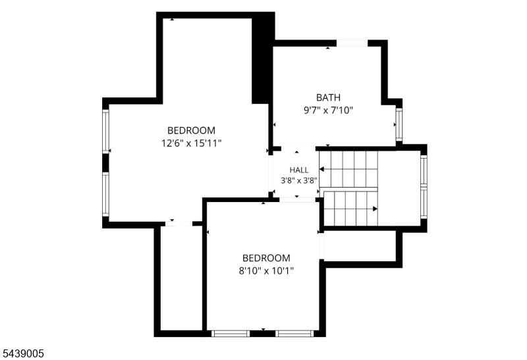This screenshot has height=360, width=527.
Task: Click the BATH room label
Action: pyautogui.click(x=328, y=97)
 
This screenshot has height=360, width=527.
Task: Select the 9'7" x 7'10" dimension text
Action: pyautogui.click(x=328, y=110)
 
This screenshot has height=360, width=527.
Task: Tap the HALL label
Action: pyautogui.click(x=299, y=170)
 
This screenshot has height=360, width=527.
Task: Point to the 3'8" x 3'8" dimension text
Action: pyautogui.click(x=299, y=181)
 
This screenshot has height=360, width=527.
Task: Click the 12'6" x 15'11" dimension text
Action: pyautogui.click(x=192, y=143)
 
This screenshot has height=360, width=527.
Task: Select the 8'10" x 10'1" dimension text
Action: pyautogui.click(x=266, y=270)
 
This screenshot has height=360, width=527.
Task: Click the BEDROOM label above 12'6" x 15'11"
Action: pyautogui.click(x=191, y=130)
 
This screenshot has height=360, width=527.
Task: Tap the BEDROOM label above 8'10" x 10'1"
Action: pyautogui.click(x=266, y=258)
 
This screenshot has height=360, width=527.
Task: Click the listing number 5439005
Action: pyautogui.click(x=23, y=353)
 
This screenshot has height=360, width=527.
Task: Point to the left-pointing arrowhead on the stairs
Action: pyautogui.click(x=321, y=169)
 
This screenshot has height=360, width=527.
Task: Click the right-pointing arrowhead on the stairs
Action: pyautogui.click(x=375, y=209)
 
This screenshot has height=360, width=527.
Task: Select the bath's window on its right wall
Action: pyautogui.click(x=399, y=124)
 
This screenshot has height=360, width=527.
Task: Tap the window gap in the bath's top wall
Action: pyautogui.click(x=352, y=43)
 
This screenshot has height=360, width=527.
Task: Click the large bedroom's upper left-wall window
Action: pyautogui.click(x=105, y=132)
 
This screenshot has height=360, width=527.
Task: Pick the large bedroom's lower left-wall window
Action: pyautogui.click(x=105, y=194)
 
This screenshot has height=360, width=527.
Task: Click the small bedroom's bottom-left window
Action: pyautogui.click(x=230, y=334)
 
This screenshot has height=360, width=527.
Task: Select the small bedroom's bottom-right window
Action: pyautogui.click(x=294, y=334)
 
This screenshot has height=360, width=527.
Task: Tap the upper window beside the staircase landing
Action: pyautogui.click(x=424, y=170)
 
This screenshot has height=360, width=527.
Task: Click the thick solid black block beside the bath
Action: pyautogui.click(x=263, y=58)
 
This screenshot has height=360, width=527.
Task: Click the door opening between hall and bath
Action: pyautogui.click(x=298, y=149)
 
